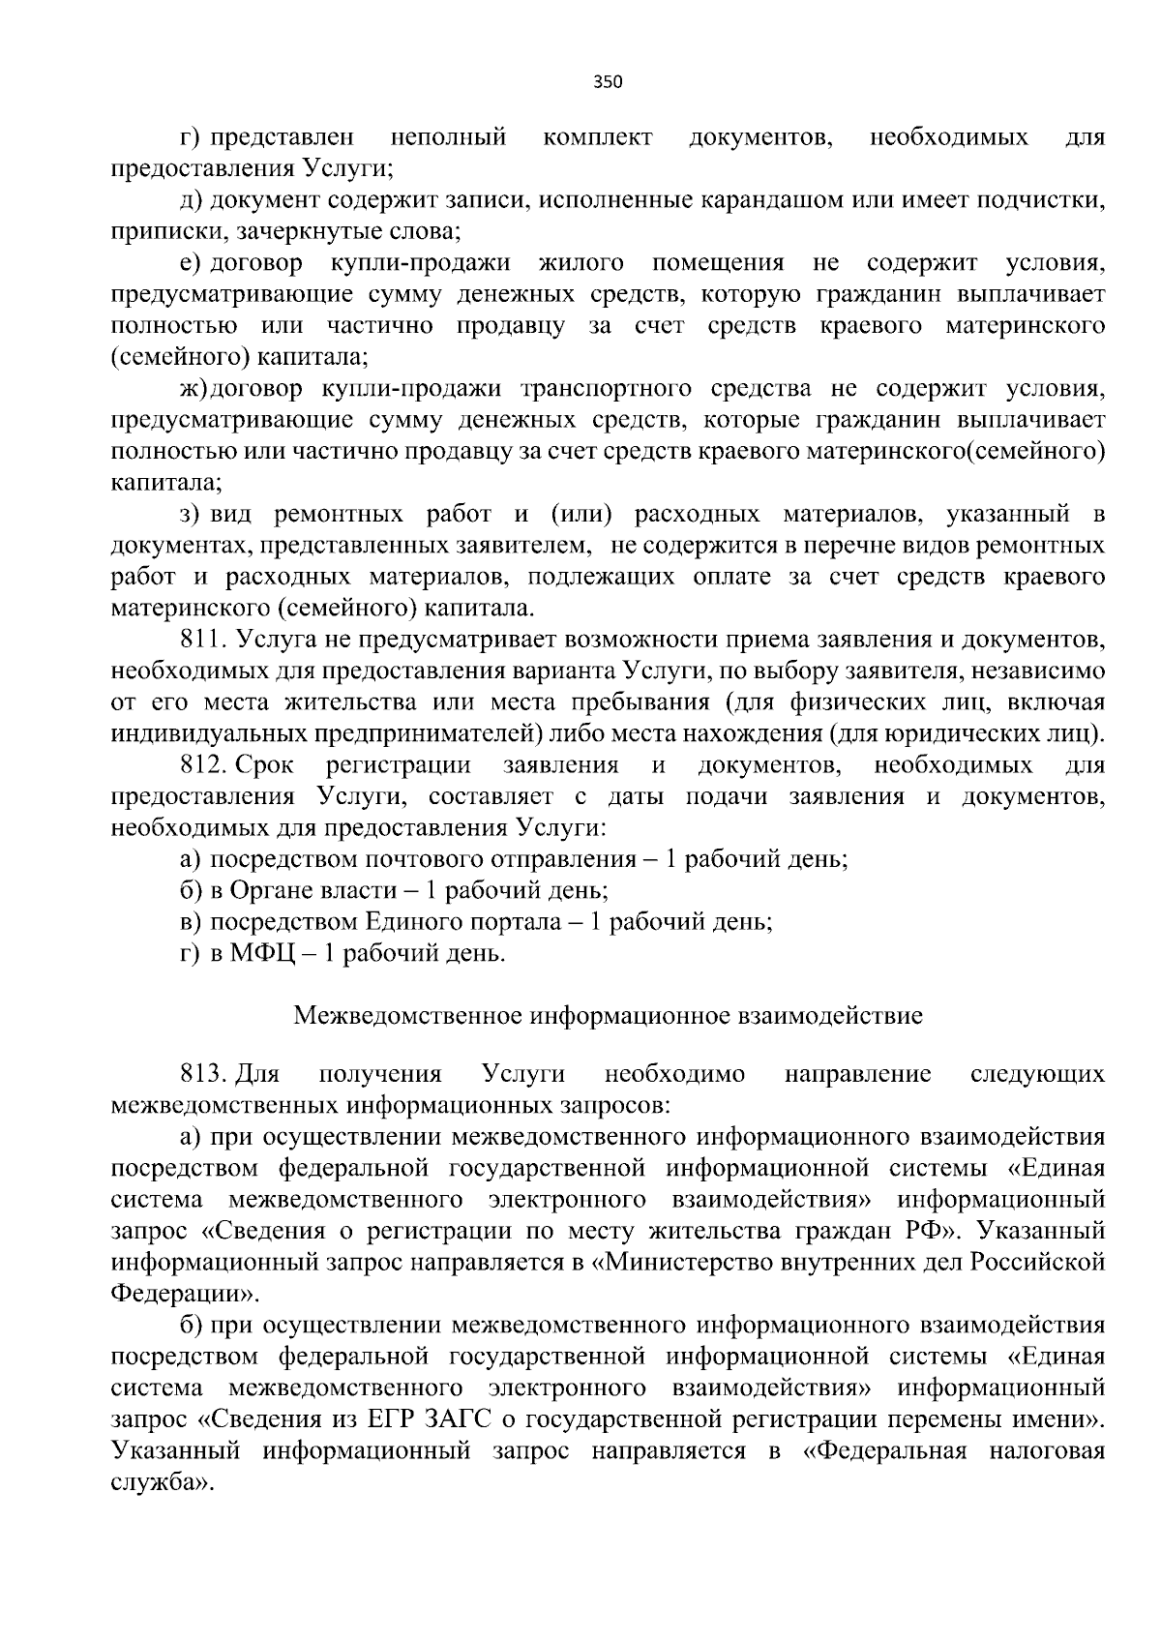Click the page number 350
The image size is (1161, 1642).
(608, 82)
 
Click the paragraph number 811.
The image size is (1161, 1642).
(202, 640)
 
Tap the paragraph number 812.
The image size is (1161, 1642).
(202, 766)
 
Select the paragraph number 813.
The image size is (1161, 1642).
(202, 1074)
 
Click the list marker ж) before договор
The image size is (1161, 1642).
(193, 389)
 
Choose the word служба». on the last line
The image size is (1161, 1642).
(161, 1483)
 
